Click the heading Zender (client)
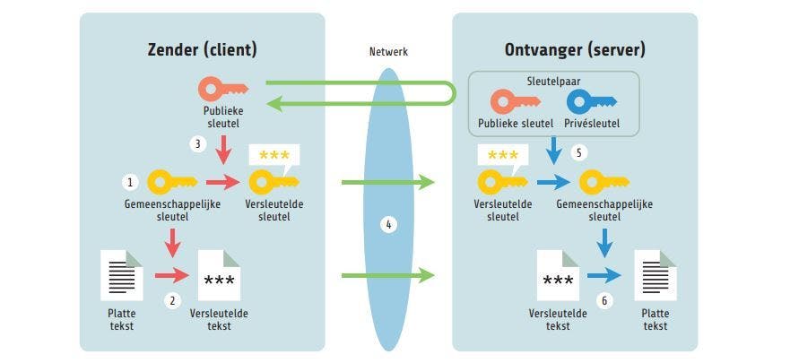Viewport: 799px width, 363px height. point(202,49)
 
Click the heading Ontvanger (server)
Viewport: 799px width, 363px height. point(575,49)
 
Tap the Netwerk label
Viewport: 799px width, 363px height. point(388,52)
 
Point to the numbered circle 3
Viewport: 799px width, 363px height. point(198,143)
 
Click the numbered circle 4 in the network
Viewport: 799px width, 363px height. point(388,225)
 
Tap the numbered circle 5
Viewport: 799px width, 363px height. point(579,153)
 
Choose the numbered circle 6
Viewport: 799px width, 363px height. point(604,300)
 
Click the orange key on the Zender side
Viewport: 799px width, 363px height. point(223,89)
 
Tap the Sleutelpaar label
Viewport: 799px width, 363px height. point(552,80)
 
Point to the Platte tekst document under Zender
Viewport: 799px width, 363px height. point(121,274)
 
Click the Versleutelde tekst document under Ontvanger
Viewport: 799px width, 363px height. point(558,276)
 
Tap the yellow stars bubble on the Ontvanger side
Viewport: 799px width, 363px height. point(502,154)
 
